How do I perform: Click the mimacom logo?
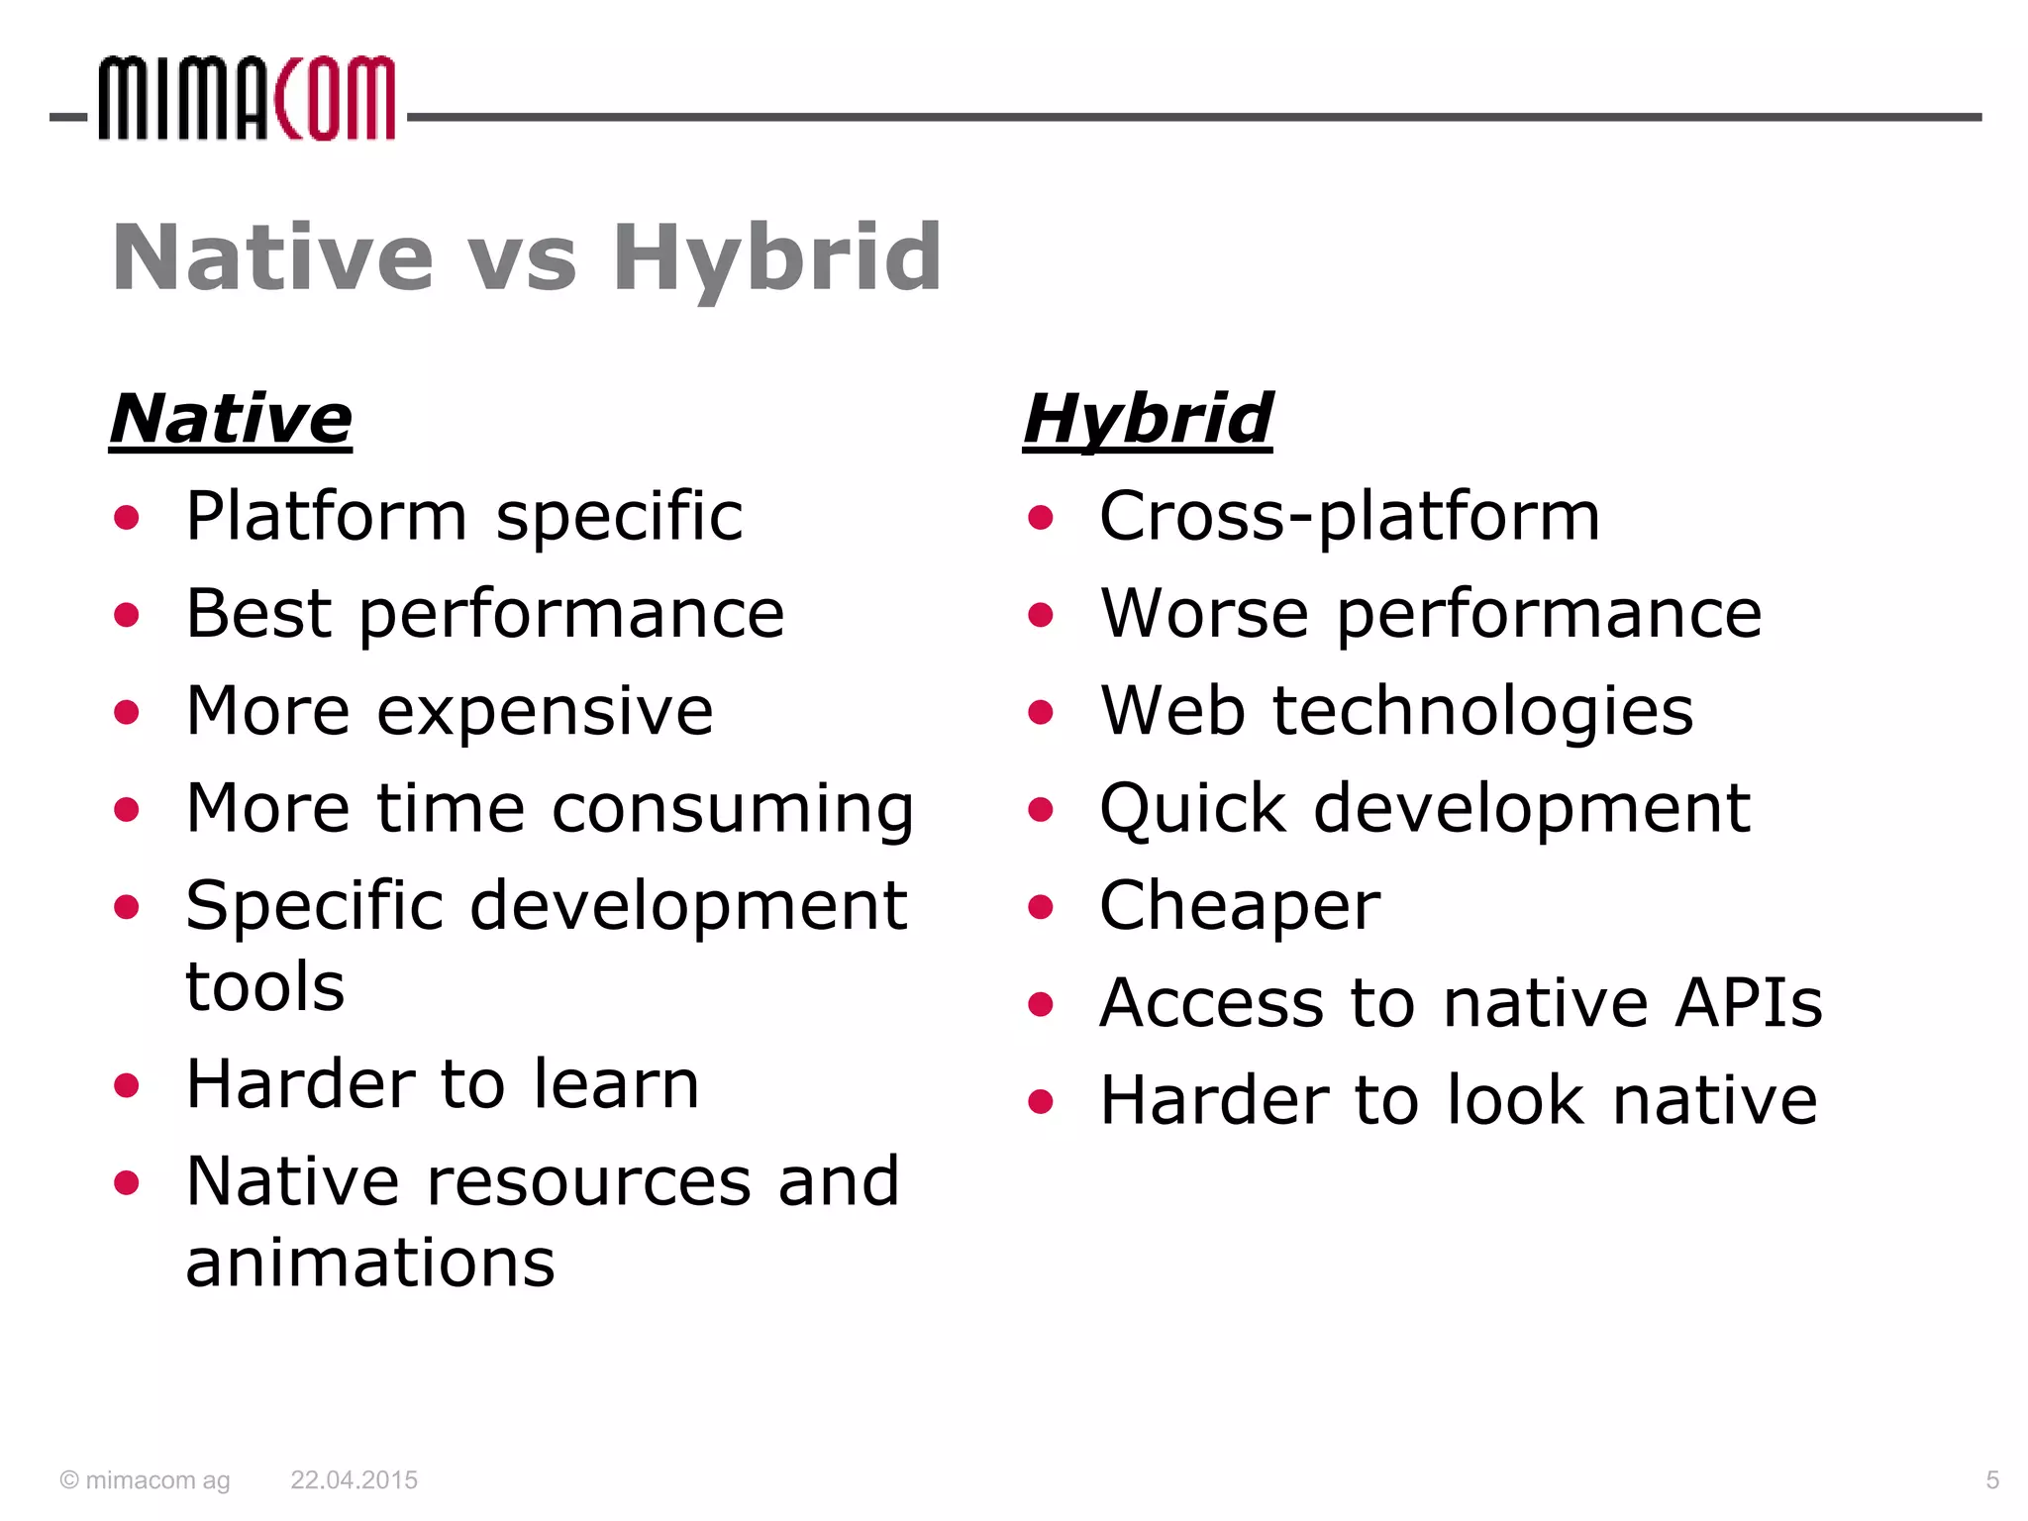click(247, 99)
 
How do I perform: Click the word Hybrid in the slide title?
click(776, 258)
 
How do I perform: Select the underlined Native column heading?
click(231, 420)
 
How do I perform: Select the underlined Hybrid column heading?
click(1147, 420)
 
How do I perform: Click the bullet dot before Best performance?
click(127, 615)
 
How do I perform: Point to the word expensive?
click(545, 712)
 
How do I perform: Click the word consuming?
click(733, 810)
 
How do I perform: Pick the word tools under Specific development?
click(265, 987)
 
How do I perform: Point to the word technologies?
click(1482, 712)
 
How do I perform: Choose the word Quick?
click(1192, 809)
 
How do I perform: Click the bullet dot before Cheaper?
click(1040, 907)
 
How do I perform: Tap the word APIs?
click(1748, 1003)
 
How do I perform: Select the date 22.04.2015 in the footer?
click(354, 1480)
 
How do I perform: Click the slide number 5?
click(1992, 1480)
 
